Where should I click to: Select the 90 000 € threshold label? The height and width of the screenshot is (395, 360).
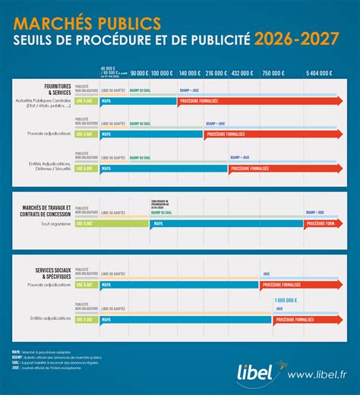click(139, 73)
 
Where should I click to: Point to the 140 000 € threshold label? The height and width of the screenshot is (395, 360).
click(189, 73)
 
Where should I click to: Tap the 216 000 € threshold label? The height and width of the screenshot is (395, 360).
click(216, 73)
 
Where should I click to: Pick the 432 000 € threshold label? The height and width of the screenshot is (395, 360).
click(242, 73)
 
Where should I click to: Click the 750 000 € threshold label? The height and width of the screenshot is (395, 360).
click(272, 73)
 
